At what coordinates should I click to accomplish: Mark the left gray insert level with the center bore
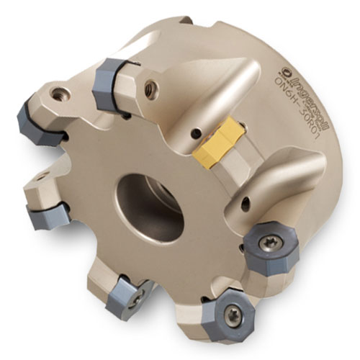(48, 215)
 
